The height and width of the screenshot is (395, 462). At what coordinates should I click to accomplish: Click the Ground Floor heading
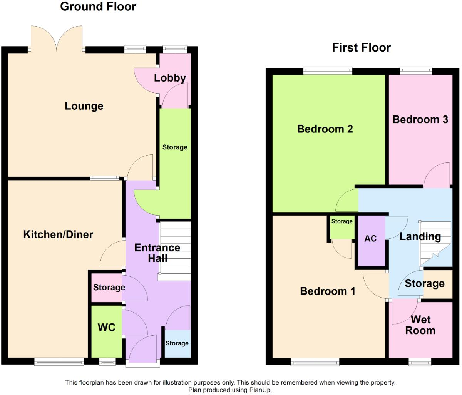point(98,7)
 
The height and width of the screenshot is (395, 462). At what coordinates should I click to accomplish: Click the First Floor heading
point(361,48)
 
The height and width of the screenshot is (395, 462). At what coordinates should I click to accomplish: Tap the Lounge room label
point(84,106)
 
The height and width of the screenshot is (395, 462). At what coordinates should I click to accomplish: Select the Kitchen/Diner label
point(58,234)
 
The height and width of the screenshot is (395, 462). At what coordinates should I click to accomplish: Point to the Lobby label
point(170,78)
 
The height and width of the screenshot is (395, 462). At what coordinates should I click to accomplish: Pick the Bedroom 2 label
point(325,129)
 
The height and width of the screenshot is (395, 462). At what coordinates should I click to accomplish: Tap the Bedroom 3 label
point(420,120)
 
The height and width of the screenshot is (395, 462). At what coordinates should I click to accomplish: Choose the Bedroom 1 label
point(327,291)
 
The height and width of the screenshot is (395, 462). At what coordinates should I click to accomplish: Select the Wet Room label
point(420,325)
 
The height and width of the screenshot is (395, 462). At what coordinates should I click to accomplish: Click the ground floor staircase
point(175,250)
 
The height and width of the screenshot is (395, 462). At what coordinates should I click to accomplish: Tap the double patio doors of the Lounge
point(57,39)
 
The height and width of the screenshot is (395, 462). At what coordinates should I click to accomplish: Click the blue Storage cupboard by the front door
point(177,343)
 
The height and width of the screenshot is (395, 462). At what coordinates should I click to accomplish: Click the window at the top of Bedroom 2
point(327,70)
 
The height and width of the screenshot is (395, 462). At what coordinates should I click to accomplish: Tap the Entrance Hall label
point(157,253)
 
